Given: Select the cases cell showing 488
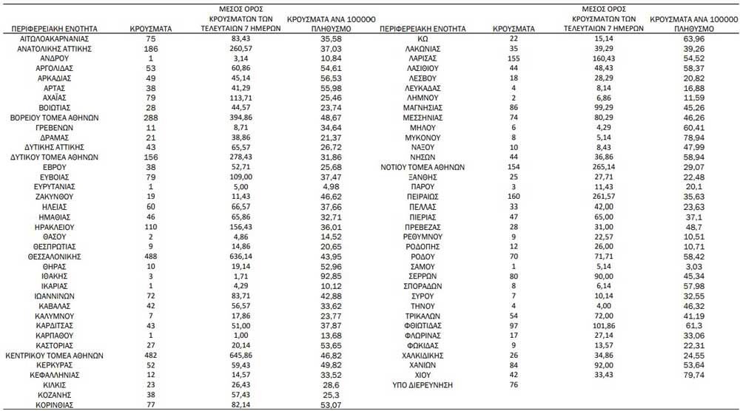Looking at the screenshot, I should pyautogui.click(x=151, y=256).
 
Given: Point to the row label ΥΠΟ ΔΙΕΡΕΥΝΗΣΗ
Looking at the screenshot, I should pyautogui.click(x=423, y=385).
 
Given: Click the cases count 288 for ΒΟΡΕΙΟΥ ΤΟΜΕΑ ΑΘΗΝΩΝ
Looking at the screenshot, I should pyautogui.click(x=151, y=117).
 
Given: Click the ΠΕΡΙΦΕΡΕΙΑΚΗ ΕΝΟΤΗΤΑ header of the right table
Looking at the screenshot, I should pyautogui.click(x=423, y=29).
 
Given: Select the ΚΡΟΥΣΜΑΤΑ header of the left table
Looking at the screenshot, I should pyautogui.click(x=151, y=29).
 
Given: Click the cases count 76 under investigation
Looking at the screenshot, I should pyautogui.click(x=514, y=385).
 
